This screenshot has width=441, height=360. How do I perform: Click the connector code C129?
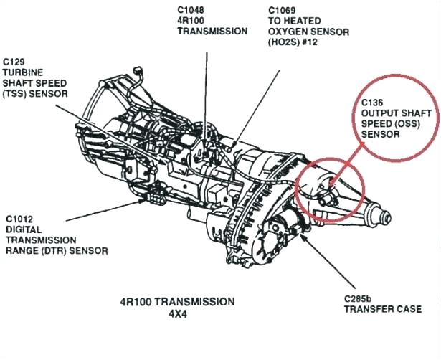(x=16, y=62)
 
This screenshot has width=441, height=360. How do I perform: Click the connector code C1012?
(x=21, y=219)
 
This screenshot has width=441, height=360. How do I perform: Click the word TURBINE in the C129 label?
(x=24, y=72)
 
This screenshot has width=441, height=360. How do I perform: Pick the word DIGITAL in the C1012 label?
(x=24, y=229)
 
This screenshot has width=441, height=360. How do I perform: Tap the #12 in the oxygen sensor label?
(x=310, y=42)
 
